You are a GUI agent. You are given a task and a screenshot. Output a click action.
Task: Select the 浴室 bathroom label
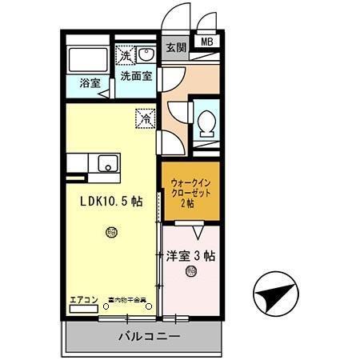tap(90, 83)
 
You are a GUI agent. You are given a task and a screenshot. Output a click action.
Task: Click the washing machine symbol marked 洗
tap(125, 55)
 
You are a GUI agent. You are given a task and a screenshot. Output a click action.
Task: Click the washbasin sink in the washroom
tap(146, 55)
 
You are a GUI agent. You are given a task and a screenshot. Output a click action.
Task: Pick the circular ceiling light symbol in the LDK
tap(111, 233)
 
